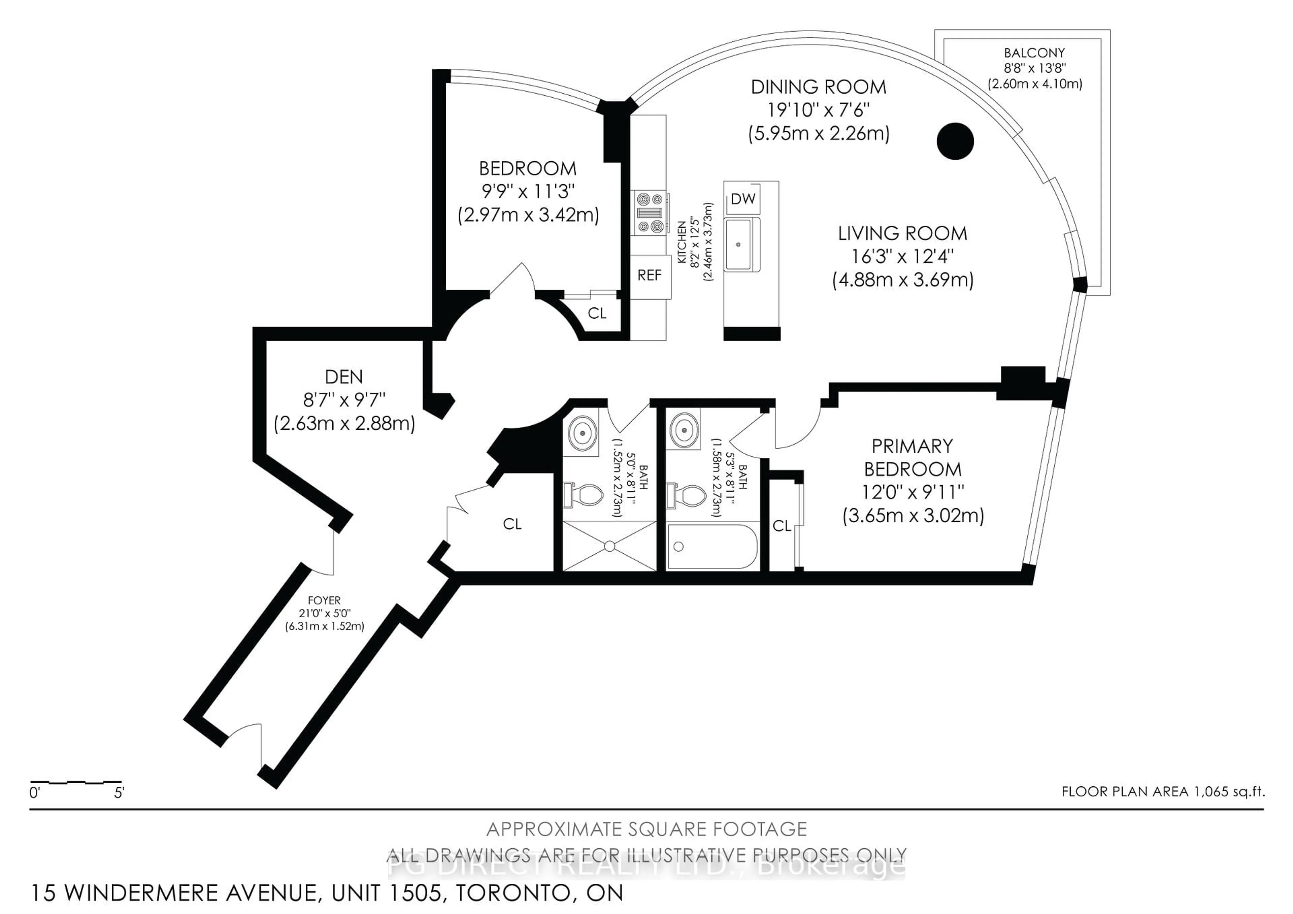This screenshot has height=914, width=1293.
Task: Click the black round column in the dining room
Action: pyautogui.click(x=955, y=141)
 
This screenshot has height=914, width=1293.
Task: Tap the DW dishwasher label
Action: pyautogui.click(x=743, y=199)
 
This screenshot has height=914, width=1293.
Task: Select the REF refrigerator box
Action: pyautogui.click(x=650, y=276)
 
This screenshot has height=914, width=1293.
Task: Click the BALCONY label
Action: pyautogui.click(x=1034, y=53)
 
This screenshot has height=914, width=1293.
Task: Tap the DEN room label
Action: pyautogui.click(x=343, y=377)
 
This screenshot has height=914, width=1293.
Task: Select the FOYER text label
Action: pyautogui.click(x=324, y=601)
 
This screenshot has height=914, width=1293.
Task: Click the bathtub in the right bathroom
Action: pyautogui.click(x=712, y=546)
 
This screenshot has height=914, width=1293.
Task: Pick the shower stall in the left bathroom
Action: pyautogui.click(x=609, y=546)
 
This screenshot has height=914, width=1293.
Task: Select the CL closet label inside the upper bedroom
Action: pyautogui.click(x=597, y=313)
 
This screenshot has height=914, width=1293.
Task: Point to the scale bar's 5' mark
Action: pyautogui.click(x=119, y=793)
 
